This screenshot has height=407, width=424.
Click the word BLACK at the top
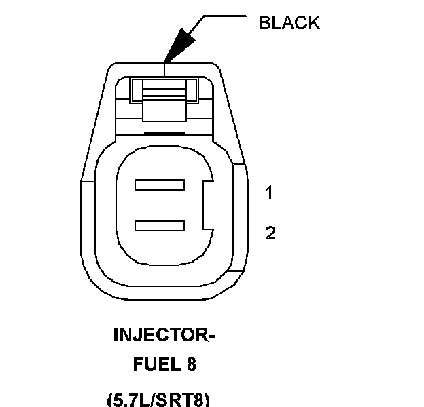click(x=289, y=22)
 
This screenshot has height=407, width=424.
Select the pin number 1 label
click(x=270, y=193)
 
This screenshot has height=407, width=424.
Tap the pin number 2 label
click(x=271, y=234)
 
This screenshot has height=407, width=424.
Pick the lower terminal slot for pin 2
click(x=160, y=225)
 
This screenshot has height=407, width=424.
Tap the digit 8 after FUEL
click(x=192, y=364)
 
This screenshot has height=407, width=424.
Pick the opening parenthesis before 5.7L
click(x=111, y=399)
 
